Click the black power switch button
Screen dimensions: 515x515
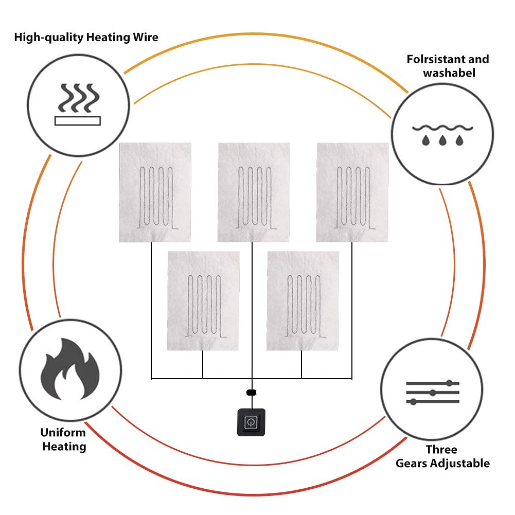(251, 422)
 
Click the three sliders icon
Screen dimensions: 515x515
(432, 393)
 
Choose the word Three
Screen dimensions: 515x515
(441, 450)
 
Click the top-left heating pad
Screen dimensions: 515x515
(155, 192)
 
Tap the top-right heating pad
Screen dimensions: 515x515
(352, 192)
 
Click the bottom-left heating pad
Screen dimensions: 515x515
(203, 300)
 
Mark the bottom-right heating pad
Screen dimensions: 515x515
(303, 300)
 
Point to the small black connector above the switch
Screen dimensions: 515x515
(251, 393)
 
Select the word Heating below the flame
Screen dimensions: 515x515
(64, 446)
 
